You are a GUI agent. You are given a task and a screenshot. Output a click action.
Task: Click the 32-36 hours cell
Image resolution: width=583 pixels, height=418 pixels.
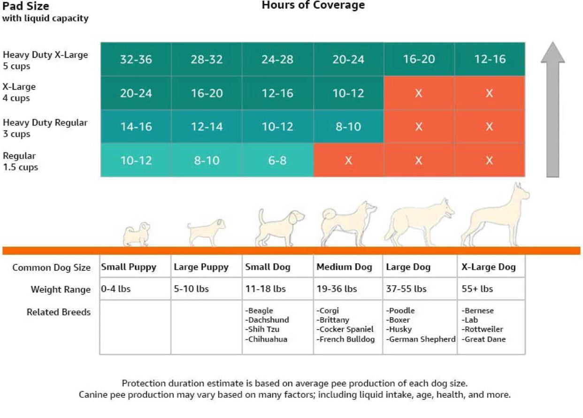pyautogui.click(x=136, y=60)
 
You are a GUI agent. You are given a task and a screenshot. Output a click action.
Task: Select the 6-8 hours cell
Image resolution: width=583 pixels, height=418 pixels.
pyautogui.click(x=277, y=160)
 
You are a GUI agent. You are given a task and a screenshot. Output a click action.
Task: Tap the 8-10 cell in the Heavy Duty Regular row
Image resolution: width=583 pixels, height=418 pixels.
pyautogui.click(x=348, y=127)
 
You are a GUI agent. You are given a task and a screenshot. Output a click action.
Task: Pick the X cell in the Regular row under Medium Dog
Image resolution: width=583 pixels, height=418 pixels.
pyautogui.click(x=348, y=160)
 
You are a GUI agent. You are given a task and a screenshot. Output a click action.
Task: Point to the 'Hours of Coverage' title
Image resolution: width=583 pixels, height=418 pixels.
pyautogui.click(x=313, y=6)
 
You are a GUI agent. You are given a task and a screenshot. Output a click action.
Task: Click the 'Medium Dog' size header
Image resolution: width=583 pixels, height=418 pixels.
pyautogui.click(x=344, y=267)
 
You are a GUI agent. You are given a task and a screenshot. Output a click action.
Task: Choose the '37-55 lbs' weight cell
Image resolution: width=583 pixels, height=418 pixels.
pyautogui.click(x=406, y=289)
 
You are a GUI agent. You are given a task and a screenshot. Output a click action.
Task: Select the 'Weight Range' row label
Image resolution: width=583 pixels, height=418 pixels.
pyautogui.click(x=61, y=289)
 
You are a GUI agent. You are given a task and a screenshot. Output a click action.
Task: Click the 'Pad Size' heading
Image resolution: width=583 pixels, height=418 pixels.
pyautogui.click(x=26, y=7)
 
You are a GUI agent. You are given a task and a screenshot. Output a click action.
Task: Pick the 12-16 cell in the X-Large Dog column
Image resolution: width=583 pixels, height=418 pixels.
pyautogui.click(x=489, y=60)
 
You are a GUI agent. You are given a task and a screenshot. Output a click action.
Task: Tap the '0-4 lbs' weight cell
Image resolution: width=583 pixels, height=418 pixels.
pyautogui.click(x=116, y=289)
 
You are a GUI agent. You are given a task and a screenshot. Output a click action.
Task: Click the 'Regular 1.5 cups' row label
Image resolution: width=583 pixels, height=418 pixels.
pyautogui.click(x=21, y=161)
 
